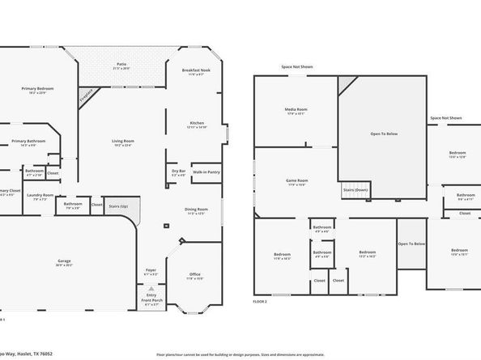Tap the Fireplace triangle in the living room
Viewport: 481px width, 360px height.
pos(86,95)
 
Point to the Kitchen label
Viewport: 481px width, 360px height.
pos(197,125)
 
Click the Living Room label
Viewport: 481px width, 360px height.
pos(123,143)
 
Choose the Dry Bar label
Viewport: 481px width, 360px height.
pos(178,172)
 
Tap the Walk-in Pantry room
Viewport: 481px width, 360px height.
pos(206,172)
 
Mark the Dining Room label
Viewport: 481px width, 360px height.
pos(197,210)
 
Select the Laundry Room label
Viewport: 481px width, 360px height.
pos(40,196)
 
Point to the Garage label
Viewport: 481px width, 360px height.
pos(64,262)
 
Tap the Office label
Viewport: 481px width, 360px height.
pos(195,276)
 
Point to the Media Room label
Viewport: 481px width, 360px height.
pos(295,111)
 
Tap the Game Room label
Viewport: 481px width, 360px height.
pos(297,182)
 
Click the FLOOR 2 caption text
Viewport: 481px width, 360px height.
pos(260,301)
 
